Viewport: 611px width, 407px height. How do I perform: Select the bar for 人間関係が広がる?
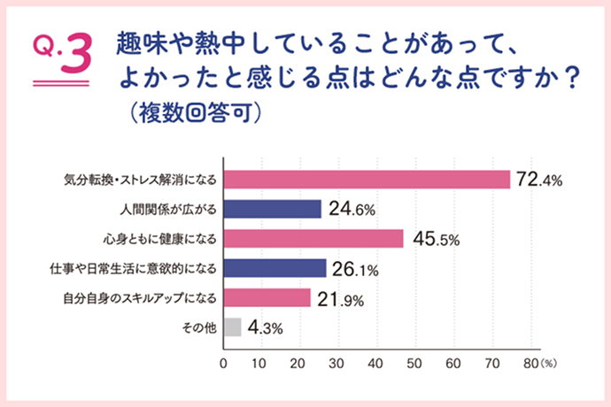272,209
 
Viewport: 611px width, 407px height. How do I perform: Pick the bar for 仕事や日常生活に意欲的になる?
275,268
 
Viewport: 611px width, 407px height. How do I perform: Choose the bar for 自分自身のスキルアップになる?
267,297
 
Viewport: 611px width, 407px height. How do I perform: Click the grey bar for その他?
232,327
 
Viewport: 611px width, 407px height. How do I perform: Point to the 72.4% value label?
538,180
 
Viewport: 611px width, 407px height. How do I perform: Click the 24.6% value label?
352,210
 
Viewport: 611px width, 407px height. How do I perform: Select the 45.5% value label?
434,240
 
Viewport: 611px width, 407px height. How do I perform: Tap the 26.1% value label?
357,269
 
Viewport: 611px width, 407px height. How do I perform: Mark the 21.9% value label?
341,298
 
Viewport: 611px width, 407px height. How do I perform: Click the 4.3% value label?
266,328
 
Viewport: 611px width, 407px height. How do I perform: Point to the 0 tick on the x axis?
223,362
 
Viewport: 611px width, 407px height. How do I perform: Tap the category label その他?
197,327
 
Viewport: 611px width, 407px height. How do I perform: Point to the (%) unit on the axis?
548,363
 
